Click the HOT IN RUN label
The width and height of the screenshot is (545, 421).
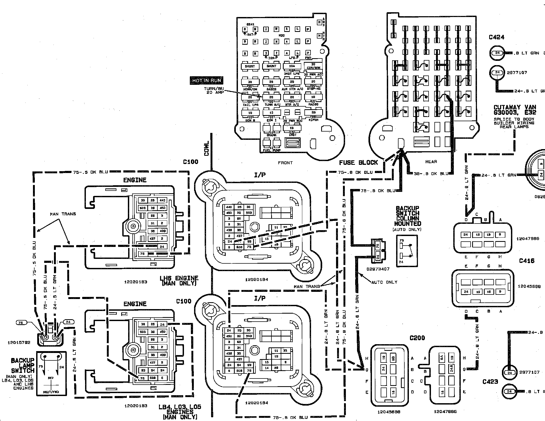point(206,81)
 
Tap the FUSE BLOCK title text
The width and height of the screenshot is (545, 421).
point(358,163)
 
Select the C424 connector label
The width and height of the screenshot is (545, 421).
point(496,37)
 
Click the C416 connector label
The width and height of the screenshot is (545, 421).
point(527,261)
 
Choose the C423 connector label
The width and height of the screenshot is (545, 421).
point(490,382)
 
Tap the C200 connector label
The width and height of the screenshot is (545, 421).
point(417,338)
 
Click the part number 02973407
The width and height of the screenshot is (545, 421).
point(378,269)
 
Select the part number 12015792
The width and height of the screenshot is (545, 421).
point(19,343)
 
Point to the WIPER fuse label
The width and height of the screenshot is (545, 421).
point(313,120)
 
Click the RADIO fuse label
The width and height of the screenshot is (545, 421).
point(313,104)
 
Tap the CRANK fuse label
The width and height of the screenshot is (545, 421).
point(271,135)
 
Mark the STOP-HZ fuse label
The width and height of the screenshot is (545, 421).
point(313,89)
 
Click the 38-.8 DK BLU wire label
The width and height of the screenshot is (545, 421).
point(431,174)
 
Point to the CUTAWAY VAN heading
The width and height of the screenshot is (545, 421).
point(514,107)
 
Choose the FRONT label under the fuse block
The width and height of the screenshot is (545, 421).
point(285,163)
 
